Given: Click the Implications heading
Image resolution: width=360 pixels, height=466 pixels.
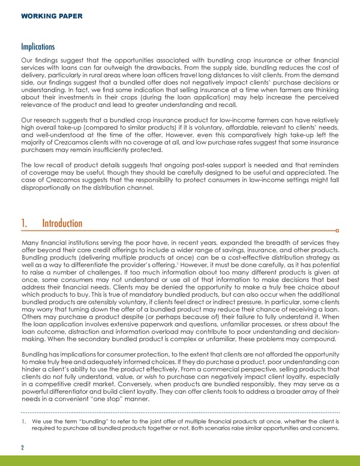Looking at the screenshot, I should point(38,46).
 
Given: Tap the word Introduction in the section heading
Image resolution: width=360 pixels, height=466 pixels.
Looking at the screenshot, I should point(62,223).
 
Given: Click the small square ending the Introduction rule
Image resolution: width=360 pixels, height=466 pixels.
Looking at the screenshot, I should point(338,230).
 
